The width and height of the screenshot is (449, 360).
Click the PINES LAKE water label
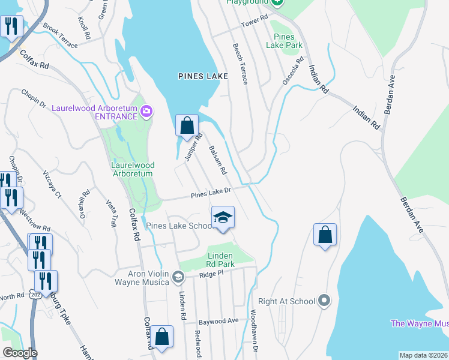tap(203, 76)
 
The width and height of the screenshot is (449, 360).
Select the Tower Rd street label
tap(254, 22)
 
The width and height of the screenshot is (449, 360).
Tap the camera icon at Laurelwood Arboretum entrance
tap(146, 111)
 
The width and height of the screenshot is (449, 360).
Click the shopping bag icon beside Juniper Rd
tap(187, 125)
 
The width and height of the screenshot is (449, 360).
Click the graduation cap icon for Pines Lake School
tap(222, 217)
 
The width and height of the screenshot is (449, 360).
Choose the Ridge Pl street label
tap(211, 273)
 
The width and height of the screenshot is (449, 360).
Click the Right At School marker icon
tap(324, 300)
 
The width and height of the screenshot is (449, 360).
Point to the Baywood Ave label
tap(218, 321)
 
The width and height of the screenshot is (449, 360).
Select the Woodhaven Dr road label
tap(254, 339)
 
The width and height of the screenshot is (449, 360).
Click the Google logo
tap(20, 353)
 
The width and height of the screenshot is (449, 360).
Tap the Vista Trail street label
tap(110, 213)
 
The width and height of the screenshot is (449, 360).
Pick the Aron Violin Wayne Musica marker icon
tap(178, 277)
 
